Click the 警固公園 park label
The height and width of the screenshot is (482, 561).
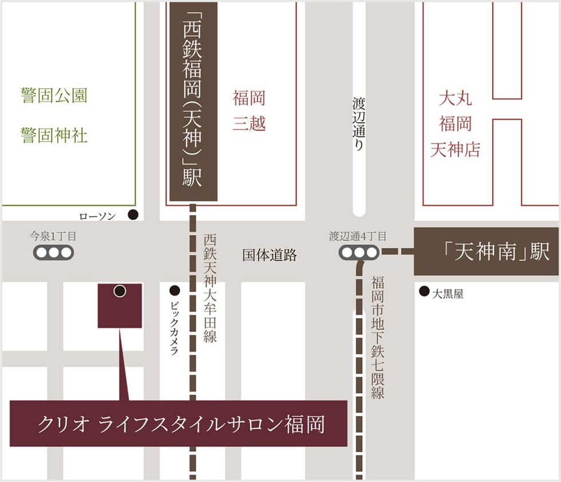point(54,96)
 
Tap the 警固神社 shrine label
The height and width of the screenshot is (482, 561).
point(54,136)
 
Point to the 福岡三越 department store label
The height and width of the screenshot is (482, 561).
point(249,111)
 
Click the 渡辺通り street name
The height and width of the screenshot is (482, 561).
point(358,124)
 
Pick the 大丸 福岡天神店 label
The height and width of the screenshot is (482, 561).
point(456,124)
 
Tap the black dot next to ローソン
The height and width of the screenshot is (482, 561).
point(133,215)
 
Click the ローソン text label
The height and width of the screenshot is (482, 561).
point(98,216)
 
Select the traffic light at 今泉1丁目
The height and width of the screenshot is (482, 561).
point(53,252)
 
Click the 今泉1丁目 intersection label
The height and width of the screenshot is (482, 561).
point(53,236)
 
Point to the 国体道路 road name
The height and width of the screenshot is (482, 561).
point(270,256)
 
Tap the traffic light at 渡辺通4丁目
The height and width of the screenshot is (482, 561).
point(358,252)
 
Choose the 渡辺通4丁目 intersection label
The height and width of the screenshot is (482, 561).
point(358,236)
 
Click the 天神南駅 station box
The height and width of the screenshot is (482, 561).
point(487,252)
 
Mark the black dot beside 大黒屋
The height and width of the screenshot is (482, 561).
point(424,292)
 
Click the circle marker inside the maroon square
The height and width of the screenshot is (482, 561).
point(120,291)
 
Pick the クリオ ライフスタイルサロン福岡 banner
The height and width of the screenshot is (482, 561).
point(179,424)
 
